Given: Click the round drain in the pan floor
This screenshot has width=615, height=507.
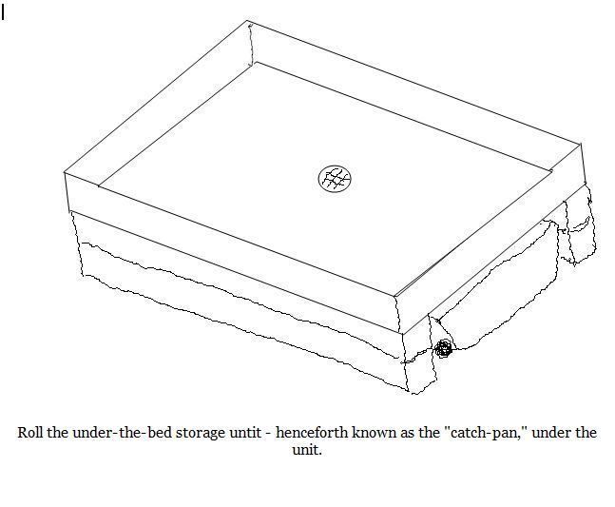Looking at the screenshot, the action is pyautogui.click(x=335, y=178).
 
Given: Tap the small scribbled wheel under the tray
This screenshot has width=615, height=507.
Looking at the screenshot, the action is pyautogui.click(x=443, y=349).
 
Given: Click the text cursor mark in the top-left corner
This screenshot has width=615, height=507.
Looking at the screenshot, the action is pyautogui.click(x=3, y=15).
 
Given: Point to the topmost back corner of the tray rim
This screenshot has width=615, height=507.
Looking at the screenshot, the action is pyautogui.click(x=250, y=21).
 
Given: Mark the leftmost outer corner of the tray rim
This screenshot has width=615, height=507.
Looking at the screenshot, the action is pyautogui.click(x=65, y=172).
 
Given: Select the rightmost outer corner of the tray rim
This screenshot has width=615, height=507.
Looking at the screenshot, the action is pyautogui.click(x=580, y=145).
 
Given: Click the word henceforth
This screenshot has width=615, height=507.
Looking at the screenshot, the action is pyautogui.click(x=314, y=433).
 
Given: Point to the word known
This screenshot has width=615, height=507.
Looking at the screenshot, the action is pyautogui.click(x=374, y=433).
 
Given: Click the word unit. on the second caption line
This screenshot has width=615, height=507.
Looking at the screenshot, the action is pyautogui.click(x=307, y=450).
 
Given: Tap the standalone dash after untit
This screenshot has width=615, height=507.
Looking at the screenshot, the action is pyautogui.click(x=267, y=433).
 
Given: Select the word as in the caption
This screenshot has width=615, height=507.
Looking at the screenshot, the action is pyautogui.click(x=409, y=433).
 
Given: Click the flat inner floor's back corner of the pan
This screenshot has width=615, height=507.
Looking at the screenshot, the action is pyautogui.click(x=257, y=63).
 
